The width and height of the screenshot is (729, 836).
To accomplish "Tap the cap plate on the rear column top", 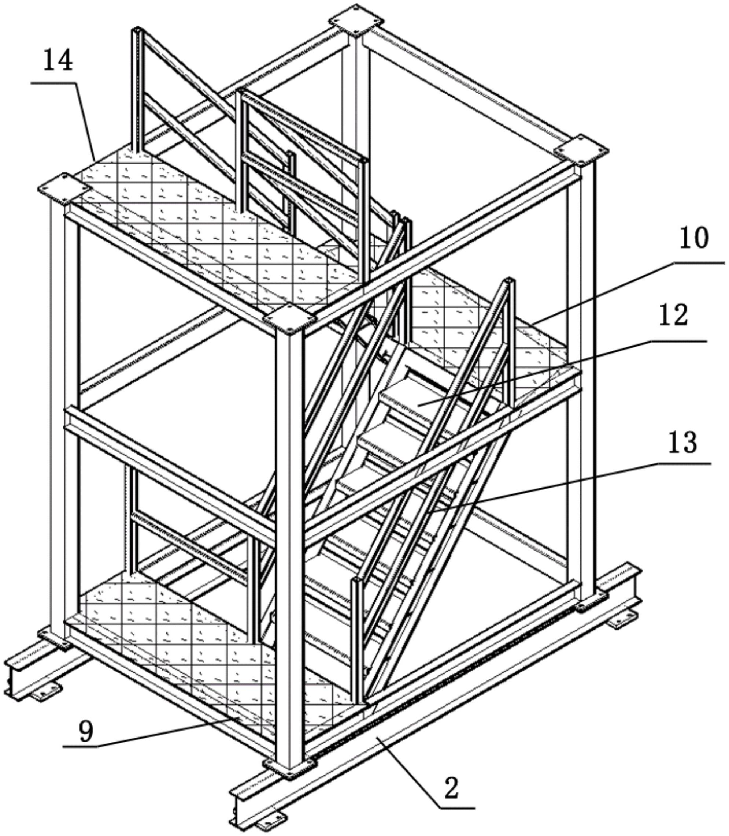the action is click(356, 21).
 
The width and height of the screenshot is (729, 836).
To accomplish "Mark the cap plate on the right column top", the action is click(581, 151).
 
